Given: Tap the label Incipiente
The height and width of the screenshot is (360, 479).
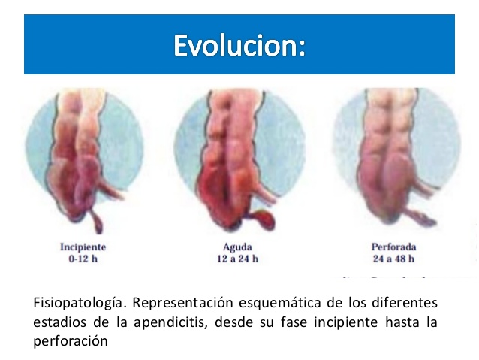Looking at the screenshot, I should pos(83,247).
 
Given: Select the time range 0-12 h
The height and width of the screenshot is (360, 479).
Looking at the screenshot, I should pos(83,259).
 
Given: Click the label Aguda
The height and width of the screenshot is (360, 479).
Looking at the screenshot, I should pos(233,247).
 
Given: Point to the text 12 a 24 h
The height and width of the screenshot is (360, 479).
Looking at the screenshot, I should pos(233,259).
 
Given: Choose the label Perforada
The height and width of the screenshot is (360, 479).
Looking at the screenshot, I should pos(393,247).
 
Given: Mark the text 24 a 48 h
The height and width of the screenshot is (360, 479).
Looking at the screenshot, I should pos(393,259).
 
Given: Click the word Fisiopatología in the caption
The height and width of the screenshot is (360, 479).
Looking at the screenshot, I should pos(71,304).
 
